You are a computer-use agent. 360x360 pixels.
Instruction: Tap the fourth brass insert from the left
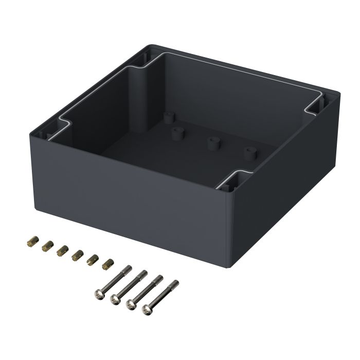coord(78,254)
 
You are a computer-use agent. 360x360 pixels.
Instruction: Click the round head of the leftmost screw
coord(99,294)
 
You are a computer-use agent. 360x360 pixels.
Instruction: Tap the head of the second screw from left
coord(115,299)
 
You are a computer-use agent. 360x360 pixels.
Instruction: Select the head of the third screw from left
coord(131,304)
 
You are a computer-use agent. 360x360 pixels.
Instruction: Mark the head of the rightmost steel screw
coord(148,310)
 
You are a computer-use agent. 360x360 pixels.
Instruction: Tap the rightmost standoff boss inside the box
coord(250,153)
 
